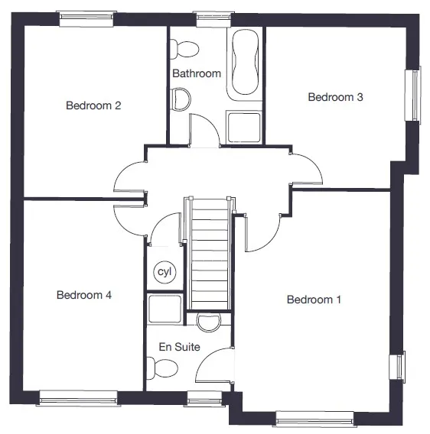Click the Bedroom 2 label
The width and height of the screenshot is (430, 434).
click(x=93, y=105)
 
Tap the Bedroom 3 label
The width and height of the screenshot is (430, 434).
click(x=335, y=97)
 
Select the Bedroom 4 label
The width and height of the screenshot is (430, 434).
click(x=84, y=295)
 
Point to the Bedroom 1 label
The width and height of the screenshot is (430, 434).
click(x=314, y=300)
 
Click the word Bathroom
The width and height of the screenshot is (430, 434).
click(x=197, y=73)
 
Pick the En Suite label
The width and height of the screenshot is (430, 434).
click(x=179, y=347)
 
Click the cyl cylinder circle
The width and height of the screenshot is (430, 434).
click(x=165, y=272)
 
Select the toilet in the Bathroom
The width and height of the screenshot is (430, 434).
click(x=184, y=49)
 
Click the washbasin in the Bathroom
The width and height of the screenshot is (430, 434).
click(x=181, y=99)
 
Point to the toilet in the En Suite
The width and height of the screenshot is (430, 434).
click(x=162, y=368)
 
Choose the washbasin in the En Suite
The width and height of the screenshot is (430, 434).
click(x=209, y=322)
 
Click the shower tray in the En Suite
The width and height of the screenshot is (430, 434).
click(x=165, y=309)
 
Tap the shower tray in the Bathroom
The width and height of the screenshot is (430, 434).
click(x=244, y=127)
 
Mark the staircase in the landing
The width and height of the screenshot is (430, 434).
click(x=210, y=253)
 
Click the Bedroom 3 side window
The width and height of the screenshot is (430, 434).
click(x=413, y=96)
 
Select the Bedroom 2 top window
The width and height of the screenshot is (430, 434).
click(x=86, y=18)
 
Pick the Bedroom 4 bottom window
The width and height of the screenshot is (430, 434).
click(x=79, y=398)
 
